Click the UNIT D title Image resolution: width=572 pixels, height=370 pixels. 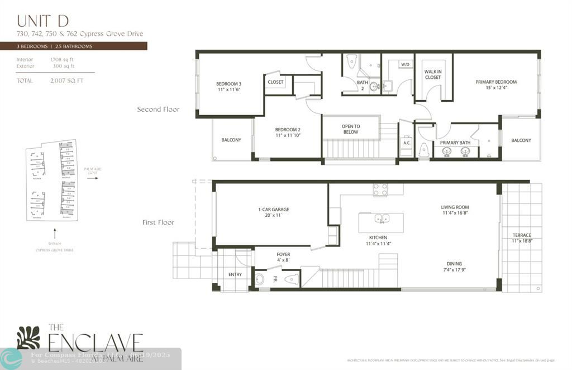(x=43, y=21)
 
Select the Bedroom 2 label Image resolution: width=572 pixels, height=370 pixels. (x=287, y=132)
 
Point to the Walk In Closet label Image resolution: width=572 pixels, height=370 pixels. (x=433, y=74)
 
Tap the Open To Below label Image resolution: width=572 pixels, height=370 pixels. (x=351, y=129)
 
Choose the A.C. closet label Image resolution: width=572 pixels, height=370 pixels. (x=407, y=143)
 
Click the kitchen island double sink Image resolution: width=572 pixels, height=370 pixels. (x=381, y=219)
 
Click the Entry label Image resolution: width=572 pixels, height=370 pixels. (x=235, y=274)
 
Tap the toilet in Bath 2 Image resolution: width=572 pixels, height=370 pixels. (x=351, y=61)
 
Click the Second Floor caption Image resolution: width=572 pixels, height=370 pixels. (x=158, y=110)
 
